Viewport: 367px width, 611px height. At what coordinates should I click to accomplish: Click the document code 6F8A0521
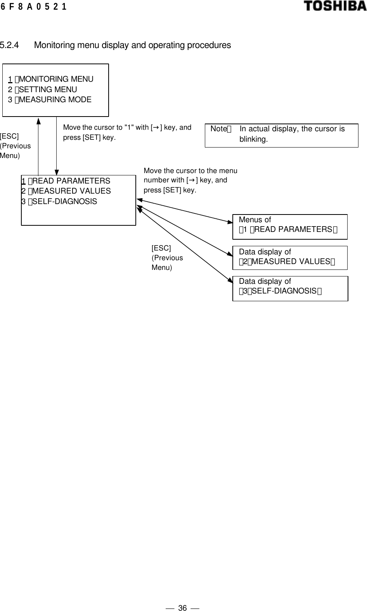(34, 7)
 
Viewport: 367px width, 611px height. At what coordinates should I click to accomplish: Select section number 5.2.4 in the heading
(10, 45)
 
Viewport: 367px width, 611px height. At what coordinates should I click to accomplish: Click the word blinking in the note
(253, 139)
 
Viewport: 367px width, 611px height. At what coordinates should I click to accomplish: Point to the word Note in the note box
(218, 129)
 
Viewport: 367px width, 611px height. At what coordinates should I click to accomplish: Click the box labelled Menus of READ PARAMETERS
(290, 227)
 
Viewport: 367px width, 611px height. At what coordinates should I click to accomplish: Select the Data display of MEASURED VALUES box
(290, 257)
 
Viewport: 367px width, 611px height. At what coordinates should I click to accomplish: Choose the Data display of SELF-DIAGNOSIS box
(290, 288)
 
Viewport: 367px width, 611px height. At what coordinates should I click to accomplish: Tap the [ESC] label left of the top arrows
(9, 136)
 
